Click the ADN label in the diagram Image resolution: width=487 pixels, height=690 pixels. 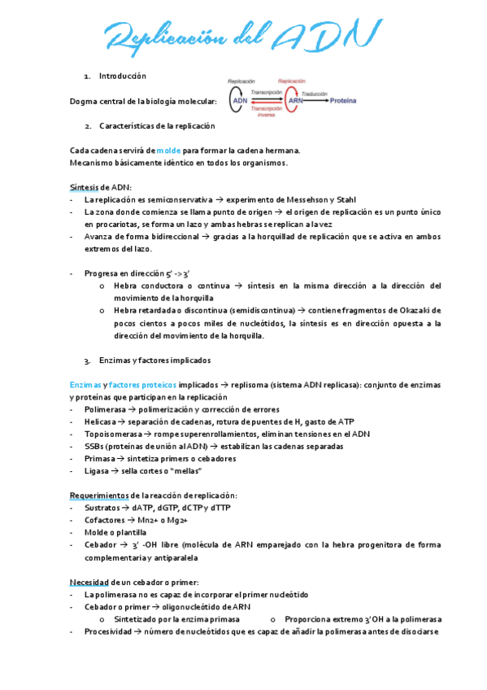click(x=241, y=100)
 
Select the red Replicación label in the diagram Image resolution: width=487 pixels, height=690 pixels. click(x=291, y=81)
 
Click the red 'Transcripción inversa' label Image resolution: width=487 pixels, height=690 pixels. click(x=266, y=111)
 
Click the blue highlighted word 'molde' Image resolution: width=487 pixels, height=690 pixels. click(x=170, y=151)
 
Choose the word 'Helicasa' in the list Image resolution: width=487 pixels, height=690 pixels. click(x=100, y=421)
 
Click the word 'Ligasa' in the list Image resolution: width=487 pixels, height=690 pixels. click(x=96, y=471)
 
